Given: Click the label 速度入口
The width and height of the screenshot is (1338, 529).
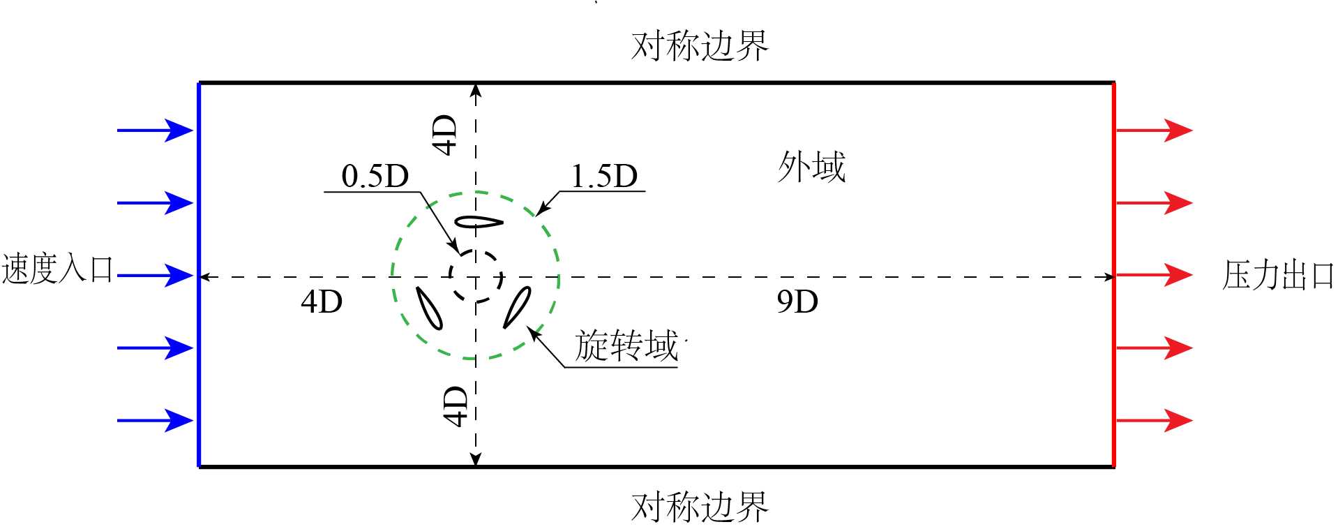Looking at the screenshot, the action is (x=57, y=269).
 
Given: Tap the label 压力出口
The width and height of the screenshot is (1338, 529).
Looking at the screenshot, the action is (x=1277, y=275).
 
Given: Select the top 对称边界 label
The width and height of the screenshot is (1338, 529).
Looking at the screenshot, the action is (x=699, y=46).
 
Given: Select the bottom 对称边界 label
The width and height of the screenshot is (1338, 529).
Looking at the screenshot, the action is (x=699, y=507).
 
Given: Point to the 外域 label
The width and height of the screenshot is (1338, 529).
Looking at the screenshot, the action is (x=811, y=167).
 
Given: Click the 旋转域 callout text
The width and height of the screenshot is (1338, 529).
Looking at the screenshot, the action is (x=626, y=346).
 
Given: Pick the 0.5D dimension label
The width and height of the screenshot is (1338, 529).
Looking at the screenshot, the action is (x=375, y=177).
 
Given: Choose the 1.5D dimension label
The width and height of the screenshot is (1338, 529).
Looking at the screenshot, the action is (x=604, y=177).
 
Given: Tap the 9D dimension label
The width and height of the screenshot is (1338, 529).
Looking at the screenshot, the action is (x=797, y=301).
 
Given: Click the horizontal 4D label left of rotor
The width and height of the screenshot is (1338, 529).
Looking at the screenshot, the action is (x=322, y=301).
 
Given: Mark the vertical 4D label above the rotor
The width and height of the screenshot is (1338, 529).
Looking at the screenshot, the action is (x=445, y=135).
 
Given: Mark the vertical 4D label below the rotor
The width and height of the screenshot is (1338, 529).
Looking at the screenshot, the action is (x=456, y=406).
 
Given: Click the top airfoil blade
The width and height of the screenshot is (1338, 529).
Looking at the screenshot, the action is (x=479, y=223).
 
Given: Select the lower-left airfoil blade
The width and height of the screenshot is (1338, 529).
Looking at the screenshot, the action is (x=429, y=308).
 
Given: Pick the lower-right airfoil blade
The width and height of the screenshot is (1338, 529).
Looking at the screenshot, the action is (x=517, y=307).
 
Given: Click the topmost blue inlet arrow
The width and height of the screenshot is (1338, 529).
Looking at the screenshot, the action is (x=155, y=130).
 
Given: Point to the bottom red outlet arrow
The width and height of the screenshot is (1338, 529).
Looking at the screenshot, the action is (x=1154, y=421).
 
